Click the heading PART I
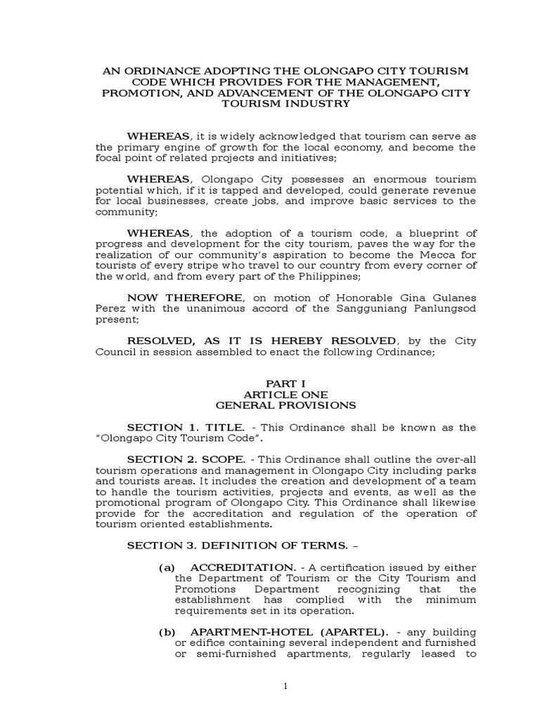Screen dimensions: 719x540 [285, 384]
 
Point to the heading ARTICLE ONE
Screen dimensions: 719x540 [285, 395]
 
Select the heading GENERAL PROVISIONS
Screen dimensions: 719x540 [285, 405]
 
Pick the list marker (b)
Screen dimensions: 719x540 [166, 633]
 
